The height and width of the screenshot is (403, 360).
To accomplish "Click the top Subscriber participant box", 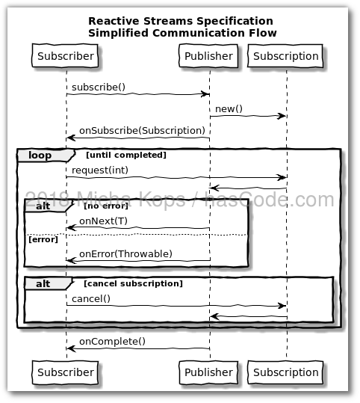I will [66, 56].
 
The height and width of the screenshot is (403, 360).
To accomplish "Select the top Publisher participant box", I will [209, 56].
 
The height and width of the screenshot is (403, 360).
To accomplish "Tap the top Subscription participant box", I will [286, 56].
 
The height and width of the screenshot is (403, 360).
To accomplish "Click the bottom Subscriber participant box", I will [66, 372].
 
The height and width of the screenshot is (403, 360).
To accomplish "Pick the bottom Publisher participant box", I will [209, 372].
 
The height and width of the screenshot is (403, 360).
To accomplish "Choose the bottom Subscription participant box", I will [286, 372].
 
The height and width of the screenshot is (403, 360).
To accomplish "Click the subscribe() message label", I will [98, 87].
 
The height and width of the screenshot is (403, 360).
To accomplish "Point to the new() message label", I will [229, 109].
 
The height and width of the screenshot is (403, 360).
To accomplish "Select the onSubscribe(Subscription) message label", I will [141, 130].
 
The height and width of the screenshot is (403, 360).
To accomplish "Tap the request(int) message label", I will [100, 170].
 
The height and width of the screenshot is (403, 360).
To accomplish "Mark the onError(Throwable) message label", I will [125, 253].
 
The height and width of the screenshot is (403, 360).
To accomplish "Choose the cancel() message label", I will [91, 298].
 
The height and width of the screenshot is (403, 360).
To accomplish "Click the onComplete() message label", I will [112, 342].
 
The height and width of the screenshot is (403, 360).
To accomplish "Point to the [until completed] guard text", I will [125, 155].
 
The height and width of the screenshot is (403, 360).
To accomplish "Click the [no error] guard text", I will [106, 205].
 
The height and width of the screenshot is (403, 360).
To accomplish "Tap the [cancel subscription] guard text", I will [133, 283].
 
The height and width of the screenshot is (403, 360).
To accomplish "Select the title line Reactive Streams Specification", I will [180, 21].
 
